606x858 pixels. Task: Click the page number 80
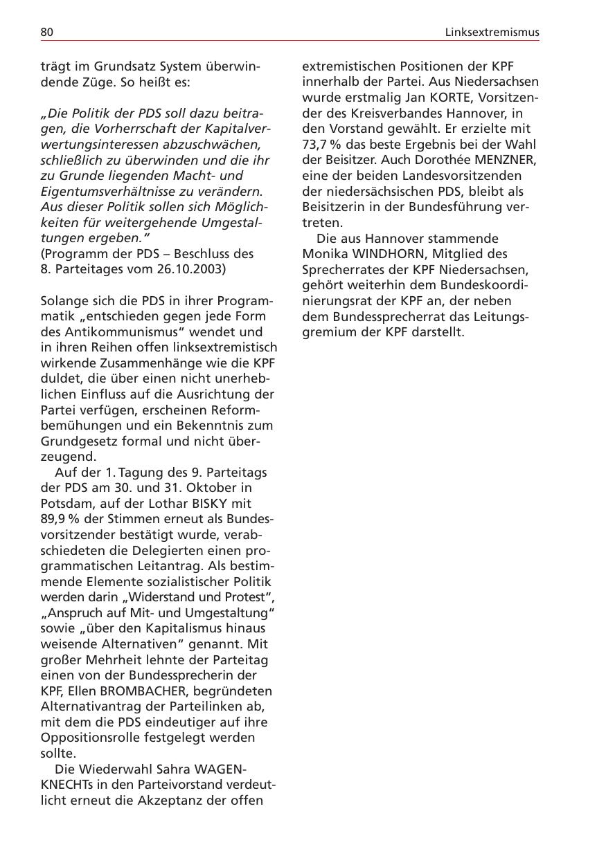point(47,32)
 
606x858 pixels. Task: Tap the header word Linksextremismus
point(492,32)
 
